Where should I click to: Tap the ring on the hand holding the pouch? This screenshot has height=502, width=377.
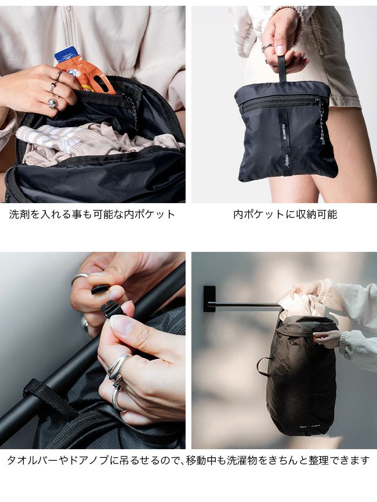pos(267,48)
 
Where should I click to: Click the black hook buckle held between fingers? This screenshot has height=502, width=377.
pos(110,308)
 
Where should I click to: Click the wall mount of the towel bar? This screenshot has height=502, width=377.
pos(209,299)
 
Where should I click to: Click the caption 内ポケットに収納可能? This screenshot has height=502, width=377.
pos(285,214)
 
